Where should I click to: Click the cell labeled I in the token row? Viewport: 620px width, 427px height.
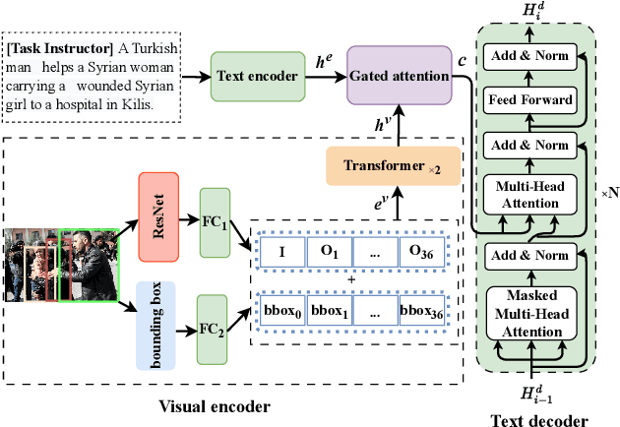click(282, 250)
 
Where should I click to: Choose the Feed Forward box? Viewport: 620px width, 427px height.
click(531, 99)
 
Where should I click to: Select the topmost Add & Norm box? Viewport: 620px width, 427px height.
click(531, 56)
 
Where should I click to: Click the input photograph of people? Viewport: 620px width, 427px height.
click(60, 268)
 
